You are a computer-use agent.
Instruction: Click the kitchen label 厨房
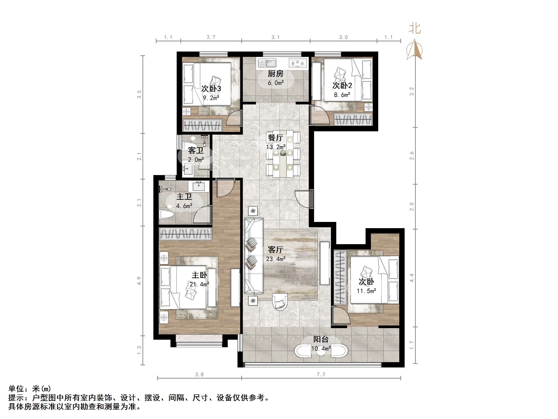point(275,74)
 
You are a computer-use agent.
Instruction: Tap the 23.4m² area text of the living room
point(276,259)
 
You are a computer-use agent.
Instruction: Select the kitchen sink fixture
point(267,63)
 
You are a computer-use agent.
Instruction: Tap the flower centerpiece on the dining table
point(283,153)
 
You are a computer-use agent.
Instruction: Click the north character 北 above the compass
point(415,28)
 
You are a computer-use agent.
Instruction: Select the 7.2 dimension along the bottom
point(321,374)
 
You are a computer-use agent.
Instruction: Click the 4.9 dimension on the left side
point(139,281)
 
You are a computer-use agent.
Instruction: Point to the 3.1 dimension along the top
point(275,37)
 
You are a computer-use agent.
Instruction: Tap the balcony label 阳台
point(321,339)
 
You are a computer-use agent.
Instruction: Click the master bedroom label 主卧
point(199,275)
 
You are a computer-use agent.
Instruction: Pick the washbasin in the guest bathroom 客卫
point(188,168)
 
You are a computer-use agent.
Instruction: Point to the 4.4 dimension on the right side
point(412,278)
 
